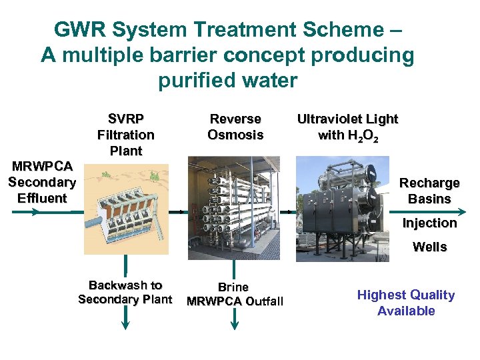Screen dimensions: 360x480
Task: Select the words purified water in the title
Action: pos(227,81)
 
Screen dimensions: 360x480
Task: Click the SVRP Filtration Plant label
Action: pos(125,135)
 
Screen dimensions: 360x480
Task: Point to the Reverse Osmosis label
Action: pos(235,127)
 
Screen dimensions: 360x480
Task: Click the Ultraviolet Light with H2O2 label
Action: pos(347,127)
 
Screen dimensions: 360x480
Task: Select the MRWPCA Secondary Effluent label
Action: pos(42,182)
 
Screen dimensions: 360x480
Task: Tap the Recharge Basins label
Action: pos(429,191)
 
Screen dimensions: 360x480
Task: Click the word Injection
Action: pos(429,223)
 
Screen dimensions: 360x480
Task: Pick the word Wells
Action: pos(429,247)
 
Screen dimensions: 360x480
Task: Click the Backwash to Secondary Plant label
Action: pos(125,292)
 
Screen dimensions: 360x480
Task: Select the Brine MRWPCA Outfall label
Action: pos(235,294)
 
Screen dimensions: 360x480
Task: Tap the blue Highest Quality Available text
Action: pos(405,303)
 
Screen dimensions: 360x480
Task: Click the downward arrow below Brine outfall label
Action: pos(234,319)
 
